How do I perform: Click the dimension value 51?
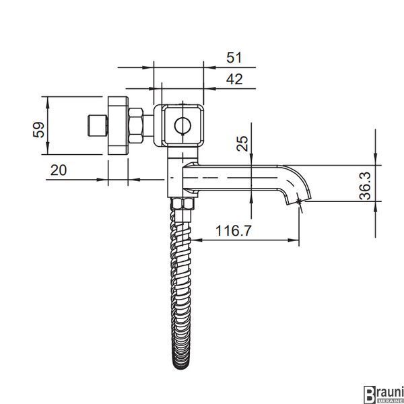pyautogui.click(x=234, y=57)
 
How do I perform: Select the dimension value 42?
pyautogui.click(x=234, y=79)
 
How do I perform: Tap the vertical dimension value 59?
pyautogui.click(x=38, y=129)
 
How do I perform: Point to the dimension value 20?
pyautogui.click(x=59, y=170)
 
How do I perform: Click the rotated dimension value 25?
pyautogui.click(x=242, y=143)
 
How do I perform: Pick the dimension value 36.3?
pyautogui.click(x=365, y=186)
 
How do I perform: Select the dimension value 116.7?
pyautogui.click(x=233, y=230)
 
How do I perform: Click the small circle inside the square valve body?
pyautogui.click(x=182, y=125)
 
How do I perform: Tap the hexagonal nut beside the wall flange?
pyautogui.click(x=136, y=125)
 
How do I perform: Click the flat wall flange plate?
pyautogui.click(x=118, y=125)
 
